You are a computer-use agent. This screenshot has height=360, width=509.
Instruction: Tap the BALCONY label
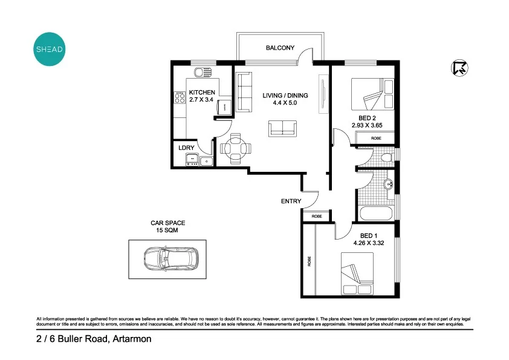[280, 48]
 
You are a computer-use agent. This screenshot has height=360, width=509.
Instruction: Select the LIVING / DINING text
[285, 96]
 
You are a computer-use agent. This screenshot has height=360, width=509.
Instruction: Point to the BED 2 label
[368, 119]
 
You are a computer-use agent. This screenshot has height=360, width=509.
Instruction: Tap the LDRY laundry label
[186, 147]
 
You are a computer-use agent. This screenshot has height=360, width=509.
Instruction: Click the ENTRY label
[291, 201]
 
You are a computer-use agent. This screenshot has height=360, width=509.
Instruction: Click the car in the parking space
[171, 258]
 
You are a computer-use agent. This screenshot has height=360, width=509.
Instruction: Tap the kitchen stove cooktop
[180, 97]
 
